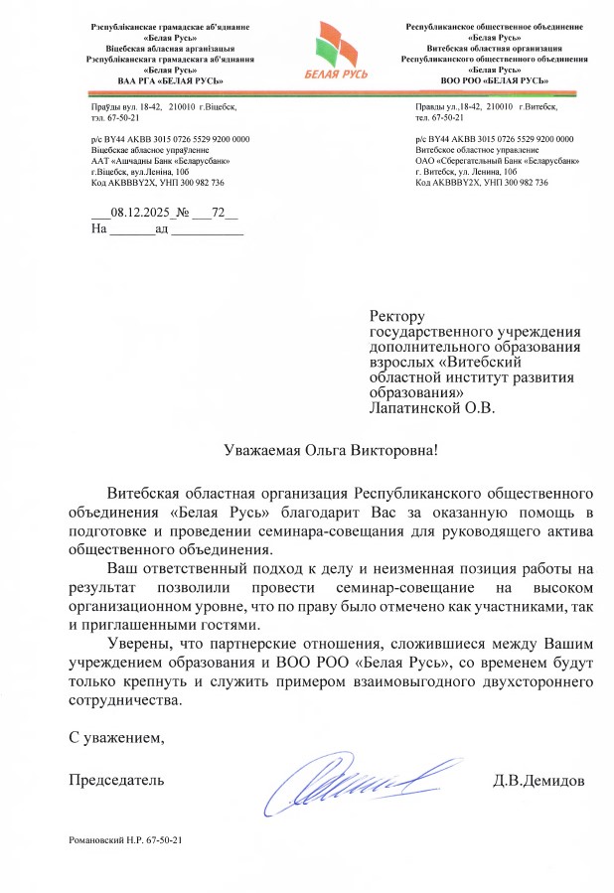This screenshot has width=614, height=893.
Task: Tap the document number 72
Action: (x=220, y=213)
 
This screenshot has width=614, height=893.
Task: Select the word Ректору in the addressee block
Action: (x=396, y=316)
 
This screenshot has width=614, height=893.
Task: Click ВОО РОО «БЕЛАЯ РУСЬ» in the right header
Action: (x=494, y=79)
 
